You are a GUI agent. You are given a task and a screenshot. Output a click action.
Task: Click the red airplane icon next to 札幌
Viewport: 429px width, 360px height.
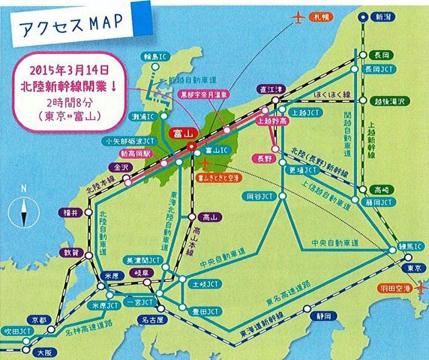click(301, 16)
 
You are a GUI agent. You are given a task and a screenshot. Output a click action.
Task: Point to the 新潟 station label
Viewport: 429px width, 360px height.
click(384, 16)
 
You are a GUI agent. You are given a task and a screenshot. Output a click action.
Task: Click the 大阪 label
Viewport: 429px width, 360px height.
click(45, 349)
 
